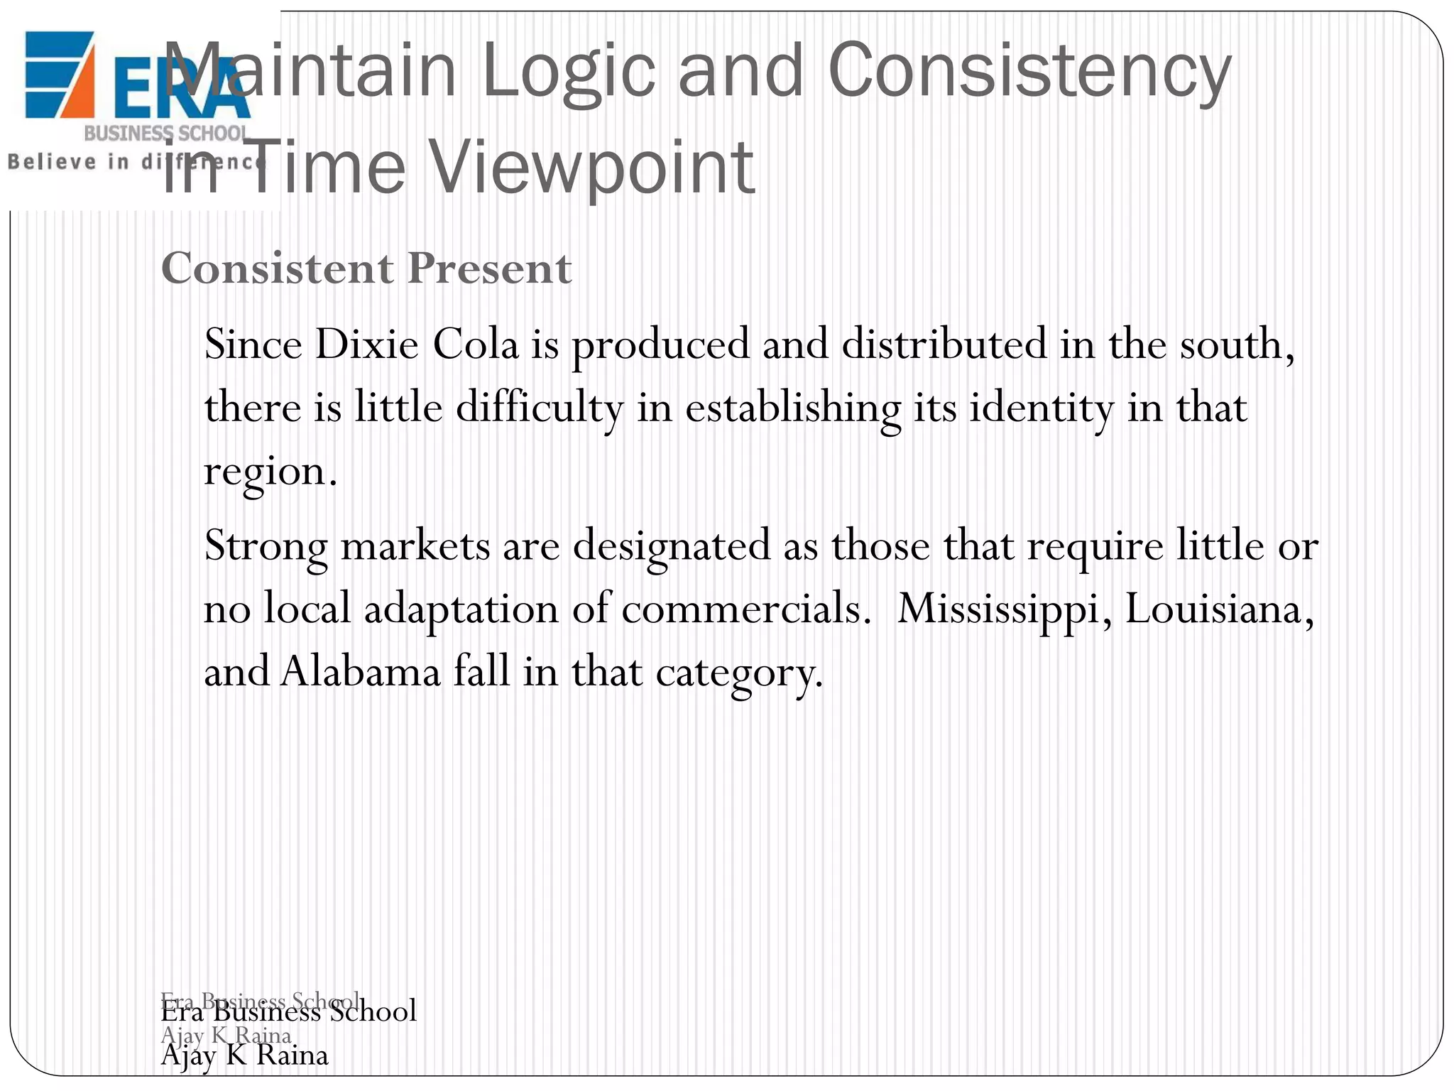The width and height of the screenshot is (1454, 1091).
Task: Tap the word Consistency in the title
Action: point(1029,71)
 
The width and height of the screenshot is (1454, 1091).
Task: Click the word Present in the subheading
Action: point(489,269)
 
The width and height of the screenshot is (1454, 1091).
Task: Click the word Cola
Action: point(475,344)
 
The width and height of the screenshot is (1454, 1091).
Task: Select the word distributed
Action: point(944,344)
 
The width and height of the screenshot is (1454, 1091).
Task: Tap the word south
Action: point(1236,344)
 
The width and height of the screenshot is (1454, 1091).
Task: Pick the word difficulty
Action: point(539,408)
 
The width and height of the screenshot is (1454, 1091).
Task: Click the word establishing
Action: point(792,408)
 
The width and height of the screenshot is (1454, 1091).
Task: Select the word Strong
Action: point(266,546)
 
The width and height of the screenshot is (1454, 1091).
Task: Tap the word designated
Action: point(672,546)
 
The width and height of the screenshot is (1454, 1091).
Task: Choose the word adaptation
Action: point(461,609)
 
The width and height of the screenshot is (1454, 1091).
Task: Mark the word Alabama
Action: point(361,672)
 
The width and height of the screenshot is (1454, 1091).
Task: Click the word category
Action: point(738,672)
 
